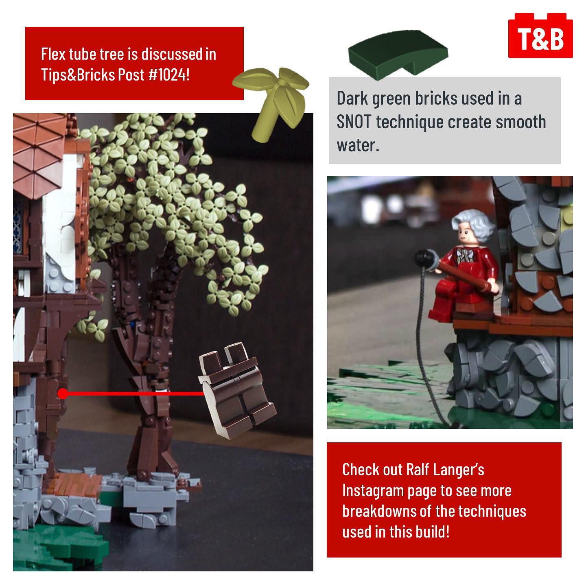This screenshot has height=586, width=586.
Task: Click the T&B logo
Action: click(x=540, y=35)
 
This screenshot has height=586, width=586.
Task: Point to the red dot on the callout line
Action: click(x=63, y=394)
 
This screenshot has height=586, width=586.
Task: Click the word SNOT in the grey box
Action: click(x=354, y=122)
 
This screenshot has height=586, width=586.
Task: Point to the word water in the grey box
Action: click(x=358, y=145)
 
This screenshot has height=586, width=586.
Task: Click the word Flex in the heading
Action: click(x=53, y=54)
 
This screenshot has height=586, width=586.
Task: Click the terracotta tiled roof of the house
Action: click(x=39, y=155)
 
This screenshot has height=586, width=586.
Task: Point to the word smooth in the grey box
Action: click(x=521, y=122)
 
